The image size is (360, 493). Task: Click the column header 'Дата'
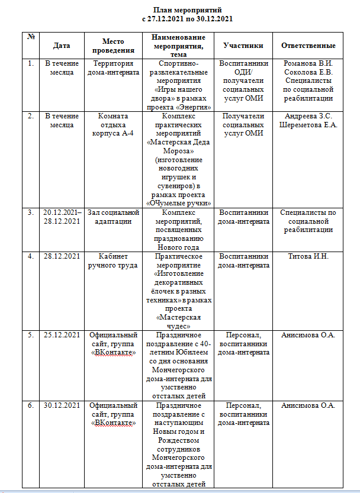[x=62, y=46]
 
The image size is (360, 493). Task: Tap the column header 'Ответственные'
[x=308, y=46]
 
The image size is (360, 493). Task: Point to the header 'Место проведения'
[x=112, y=46]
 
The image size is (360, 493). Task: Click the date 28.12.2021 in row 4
[x=62, y=256]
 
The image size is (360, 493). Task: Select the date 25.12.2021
[x=62, y=335]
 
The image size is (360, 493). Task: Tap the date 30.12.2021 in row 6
[x=62, y=405]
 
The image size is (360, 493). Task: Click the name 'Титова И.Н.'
[x=308, y=256]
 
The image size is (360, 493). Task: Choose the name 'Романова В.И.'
[x=308, y=64]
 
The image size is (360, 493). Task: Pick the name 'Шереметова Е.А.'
[x=308, y=124]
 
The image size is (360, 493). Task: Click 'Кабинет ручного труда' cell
[x=112, y=260]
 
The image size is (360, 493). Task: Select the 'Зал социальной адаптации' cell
[x=112, y=217]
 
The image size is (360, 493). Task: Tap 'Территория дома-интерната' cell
[x=112, y=67]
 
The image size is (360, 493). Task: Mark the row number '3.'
[x=30, y=212]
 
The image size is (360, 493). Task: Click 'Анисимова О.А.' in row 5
[x=308, y=335]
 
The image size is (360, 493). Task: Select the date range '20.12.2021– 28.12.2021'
[x=62, y=217]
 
